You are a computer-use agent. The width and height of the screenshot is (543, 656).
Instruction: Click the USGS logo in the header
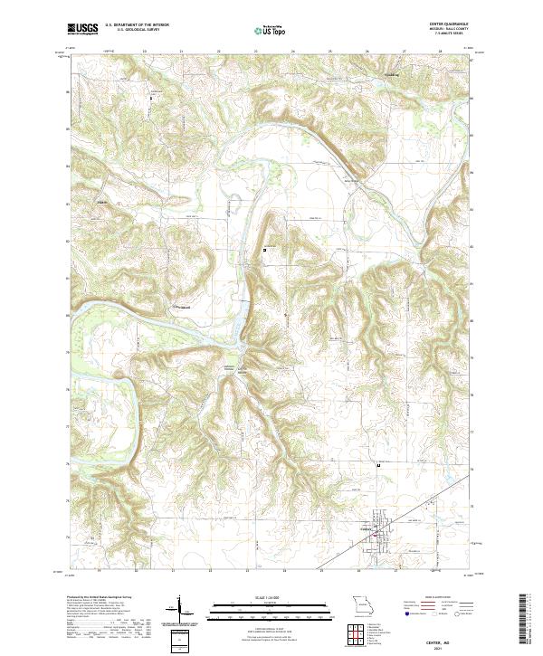pos(82,29)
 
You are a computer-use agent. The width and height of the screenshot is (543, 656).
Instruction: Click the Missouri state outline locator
pos(362,604)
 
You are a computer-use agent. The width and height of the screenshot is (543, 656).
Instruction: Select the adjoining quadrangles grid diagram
pos(361,632)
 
